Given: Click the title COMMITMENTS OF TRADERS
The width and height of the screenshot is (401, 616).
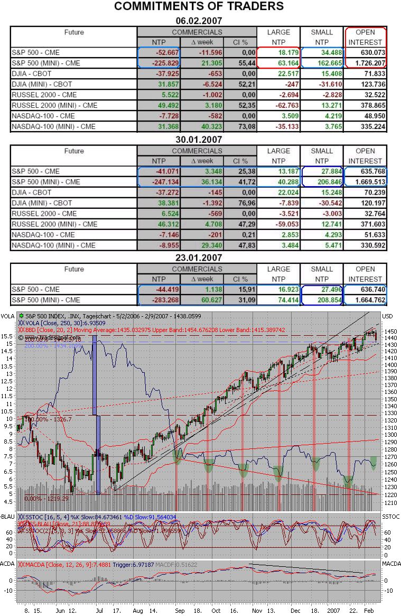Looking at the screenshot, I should point(199,6).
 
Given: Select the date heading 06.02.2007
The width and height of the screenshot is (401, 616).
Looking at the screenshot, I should point(199,21).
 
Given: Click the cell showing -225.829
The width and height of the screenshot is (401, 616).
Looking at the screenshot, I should point(158,63).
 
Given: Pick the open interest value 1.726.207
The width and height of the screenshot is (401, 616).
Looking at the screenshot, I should point(365,63).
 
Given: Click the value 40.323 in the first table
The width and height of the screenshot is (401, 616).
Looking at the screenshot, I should point(201,126).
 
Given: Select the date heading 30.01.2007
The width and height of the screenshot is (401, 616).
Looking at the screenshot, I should point(199,140).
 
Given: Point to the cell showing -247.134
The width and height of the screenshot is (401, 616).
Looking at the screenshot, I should point(158,182).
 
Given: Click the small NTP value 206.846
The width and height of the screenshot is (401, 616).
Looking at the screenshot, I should point(321,182).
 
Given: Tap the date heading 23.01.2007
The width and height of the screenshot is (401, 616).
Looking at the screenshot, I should point(199,258).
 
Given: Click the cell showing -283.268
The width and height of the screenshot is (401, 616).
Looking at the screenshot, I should point(158,300).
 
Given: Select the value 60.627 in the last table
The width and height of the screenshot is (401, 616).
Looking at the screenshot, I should point(201,300).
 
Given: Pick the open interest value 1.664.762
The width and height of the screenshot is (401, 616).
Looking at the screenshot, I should point(365,300).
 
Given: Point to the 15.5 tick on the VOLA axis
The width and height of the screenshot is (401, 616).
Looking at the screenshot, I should point(7,336).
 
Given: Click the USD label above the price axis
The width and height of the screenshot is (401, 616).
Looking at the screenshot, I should point(389,316).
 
